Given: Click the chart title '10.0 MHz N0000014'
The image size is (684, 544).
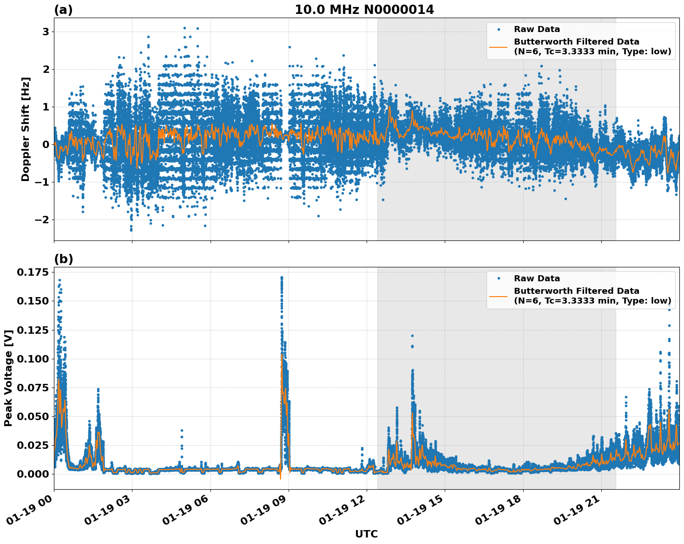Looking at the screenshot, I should (x=364, y=10).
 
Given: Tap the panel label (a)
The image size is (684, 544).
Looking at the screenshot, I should (x=63, y=10).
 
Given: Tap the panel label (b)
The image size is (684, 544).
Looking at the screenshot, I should (x=63, y=259).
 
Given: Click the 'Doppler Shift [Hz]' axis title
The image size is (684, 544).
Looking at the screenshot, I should (x=26, y=130).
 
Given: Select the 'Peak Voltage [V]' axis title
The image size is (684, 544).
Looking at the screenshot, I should (x=8, y=378).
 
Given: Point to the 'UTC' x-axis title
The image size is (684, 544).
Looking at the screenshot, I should (x=366, y=534).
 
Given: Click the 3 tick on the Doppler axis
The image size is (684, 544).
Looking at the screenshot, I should (x=46, y=32).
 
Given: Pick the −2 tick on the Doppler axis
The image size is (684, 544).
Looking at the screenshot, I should (x=43, y=220).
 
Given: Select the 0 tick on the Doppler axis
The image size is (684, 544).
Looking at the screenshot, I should (x=46, y=144).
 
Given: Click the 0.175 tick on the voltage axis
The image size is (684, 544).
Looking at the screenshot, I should (x=33, y=272).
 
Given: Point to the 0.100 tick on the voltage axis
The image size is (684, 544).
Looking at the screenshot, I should (x=33, y=359).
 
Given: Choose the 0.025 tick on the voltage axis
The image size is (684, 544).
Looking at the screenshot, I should (x=33, y=445).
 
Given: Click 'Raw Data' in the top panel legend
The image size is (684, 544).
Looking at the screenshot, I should (x=537, y=29).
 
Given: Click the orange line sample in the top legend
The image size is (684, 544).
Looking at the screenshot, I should (x=499, y=46).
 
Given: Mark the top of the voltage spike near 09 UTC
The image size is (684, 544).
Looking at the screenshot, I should (x=282, y=278).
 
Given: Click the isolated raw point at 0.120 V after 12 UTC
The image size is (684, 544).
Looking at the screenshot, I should (x=412, y=336).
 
